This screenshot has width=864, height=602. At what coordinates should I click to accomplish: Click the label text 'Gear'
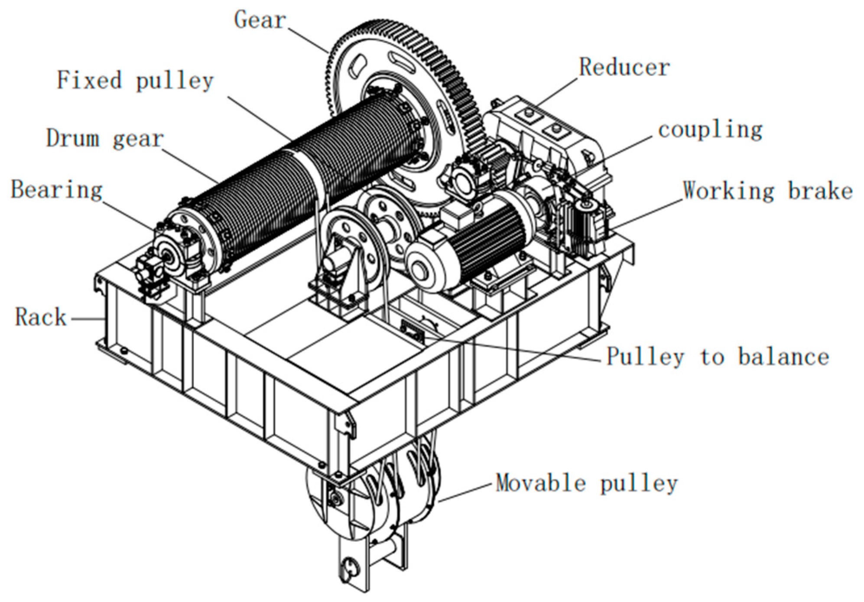click(260, 20)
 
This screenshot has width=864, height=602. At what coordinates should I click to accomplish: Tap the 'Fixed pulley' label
click(135, 81)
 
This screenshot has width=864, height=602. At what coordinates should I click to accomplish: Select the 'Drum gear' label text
click(105, 139)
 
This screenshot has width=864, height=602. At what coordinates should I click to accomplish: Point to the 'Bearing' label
click(56, 190)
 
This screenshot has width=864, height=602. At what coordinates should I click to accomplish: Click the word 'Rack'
click(41, 317)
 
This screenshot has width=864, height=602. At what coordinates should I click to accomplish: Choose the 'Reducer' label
click(624, 68)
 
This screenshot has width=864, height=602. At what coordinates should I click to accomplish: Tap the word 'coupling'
click(710, 130)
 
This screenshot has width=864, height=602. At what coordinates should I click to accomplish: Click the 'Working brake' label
click(767, 191)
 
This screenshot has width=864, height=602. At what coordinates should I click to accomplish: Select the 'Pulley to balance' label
click(717, 357)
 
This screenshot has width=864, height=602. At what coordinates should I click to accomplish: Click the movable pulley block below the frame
click(373, 507)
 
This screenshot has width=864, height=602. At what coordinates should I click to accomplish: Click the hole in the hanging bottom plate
click(349, 566)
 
